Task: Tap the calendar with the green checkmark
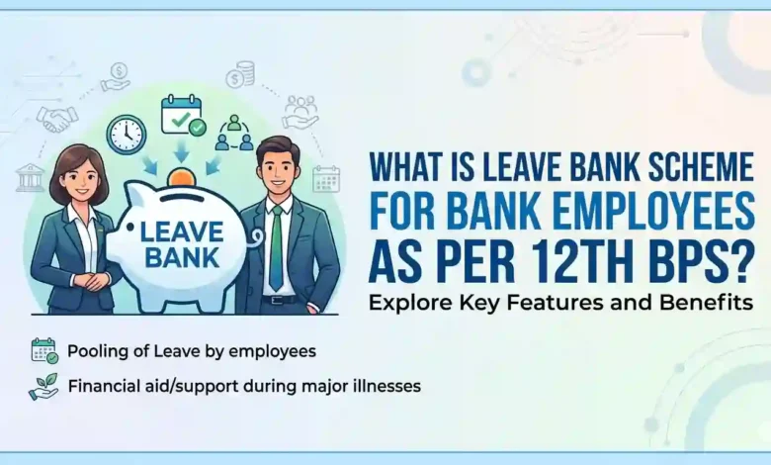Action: click(184, 115)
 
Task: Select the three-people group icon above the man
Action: click(234, 132)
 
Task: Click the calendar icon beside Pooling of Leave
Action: click(43, 349)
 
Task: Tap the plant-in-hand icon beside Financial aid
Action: click(43, 385)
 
